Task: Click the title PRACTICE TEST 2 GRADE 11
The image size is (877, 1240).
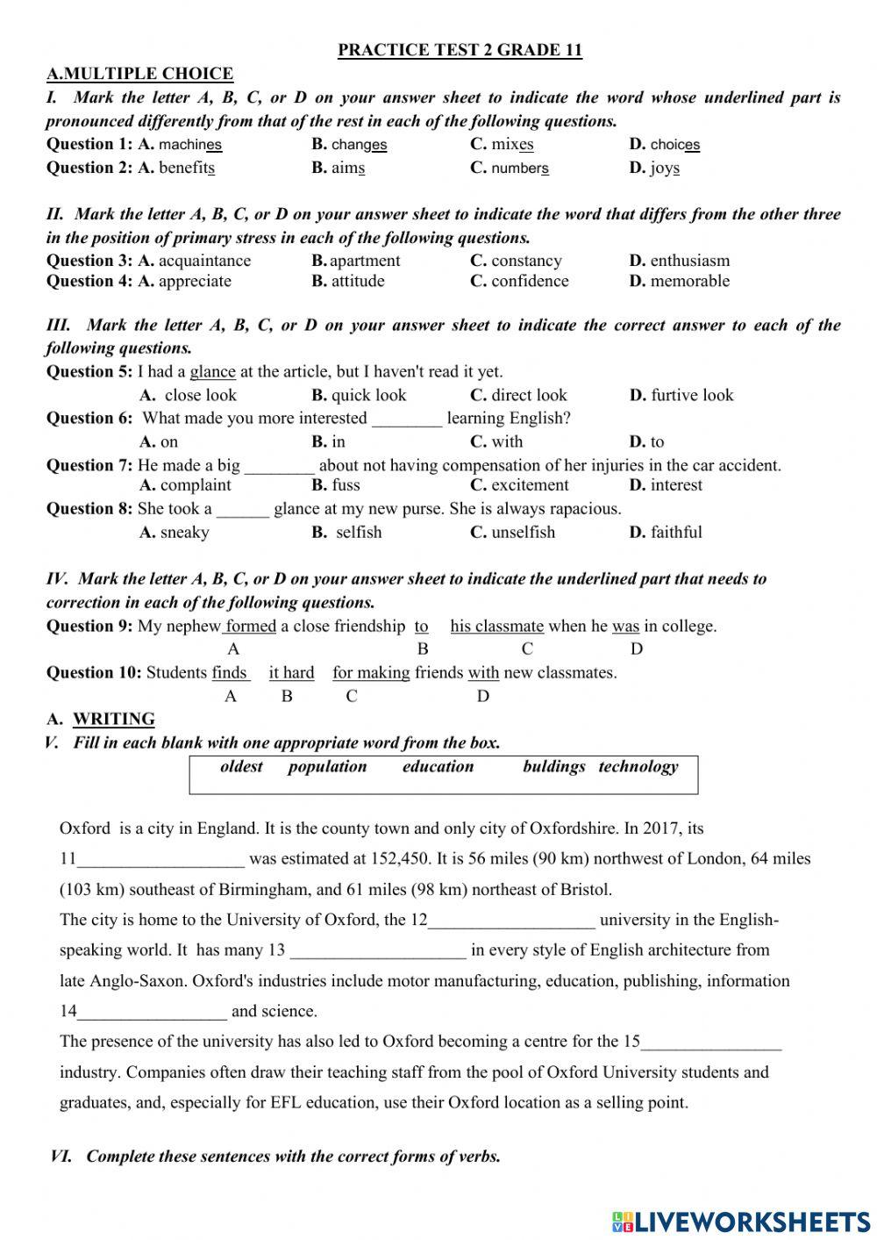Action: pos(460,50)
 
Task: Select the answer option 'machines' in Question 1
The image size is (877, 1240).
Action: pos(190,145)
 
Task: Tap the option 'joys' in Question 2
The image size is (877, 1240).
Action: pos(665,168)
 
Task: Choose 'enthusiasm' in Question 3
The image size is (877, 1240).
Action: pos(689,261)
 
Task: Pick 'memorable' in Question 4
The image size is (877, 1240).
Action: pos(689,282)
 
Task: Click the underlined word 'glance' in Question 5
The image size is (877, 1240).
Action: pos(212,372)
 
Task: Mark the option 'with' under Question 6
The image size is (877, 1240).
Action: pos(506,442)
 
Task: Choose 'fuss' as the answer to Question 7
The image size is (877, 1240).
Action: pos(346,485)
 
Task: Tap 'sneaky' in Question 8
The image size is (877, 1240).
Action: pos(184,533)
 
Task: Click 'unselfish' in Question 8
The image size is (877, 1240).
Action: pos(523,533)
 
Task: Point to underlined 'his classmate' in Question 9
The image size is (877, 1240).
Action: pos(496,627)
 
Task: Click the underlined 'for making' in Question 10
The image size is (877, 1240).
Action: pos(371,673)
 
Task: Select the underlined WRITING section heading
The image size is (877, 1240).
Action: pos(114,720)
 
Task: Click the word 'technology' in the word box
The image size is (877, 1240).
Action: pos(638,767)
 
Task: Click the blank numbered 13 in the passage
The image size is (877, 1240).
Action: pos(378,951)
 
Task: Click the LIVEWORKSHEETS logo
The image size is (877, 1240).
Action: pos(740,1220)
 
